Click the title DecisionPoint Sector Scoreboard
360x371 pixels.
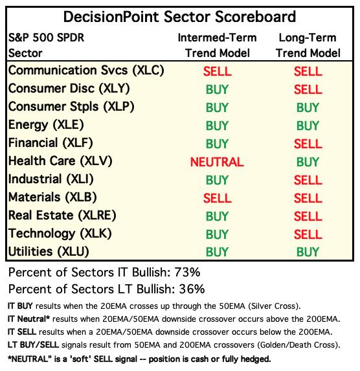pyautogui.click(x=179, y=17)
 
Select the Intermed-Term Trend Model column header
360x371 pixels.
pyautogui.click(x=218, y=45)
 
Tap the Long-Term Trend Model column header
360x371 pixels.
pyautogui.click(x=308, y=45)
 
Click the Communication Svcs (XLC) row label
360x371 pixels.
pyautogui.click(x=86, y=71)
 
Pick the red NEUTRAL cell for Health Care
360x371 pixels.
pyautogui.click(x=217, y=162)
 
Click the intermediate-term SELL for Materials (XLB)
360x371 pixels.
pyautogui.click(x=218, y=198)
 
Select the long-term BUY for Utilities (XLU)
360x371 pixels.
pyautogui.click(x=308, y=252)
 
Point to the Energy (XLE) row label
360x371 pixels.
pyautogui.click(x=46, y=125)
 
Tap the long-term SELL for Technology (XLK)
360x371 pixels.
pyautogui.click(x=308, y=234)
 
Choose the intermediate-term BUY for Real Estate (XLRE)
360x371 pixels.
pyautogui.click(x=217, y=216)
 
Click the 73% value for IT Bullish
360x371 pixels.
pyautogui.click(x=187, y=273)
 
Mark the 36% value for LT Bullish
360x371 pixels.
pyautogui.click(x=192, y=289)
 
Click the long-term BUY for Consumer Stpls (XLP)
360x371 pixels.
pyautogui.click(x=308, y=107)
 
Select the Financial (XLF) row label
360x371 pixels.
pyautogui.click(x=51, y=143)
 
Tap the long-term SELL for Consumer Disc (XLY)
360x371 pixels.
pyautogui.click(x=308, y=89)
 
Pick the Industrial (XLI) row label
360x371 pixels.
pyautogui.click(x=51, y=179)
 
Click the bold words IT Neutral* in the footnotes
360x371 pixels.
pyautogui.click(x=28, y=319)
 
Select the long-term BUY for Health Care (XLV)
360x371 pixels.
pyautogui.click(x=308, y=162)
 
